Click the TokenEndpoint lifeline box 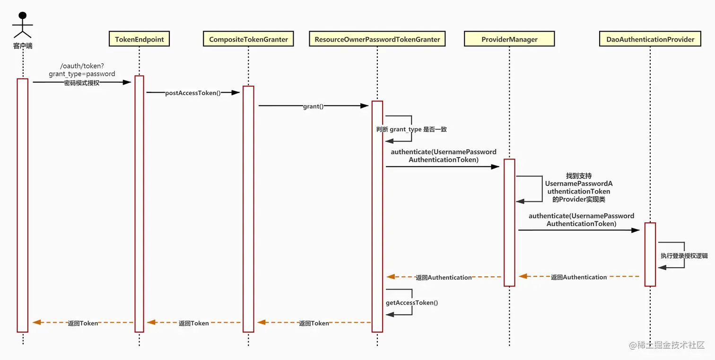coord(139,39)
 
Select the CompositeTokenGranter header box coord(248,39)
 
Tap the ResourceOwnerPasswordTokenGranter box coord(377,39)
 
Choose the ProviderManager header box coord(509,39)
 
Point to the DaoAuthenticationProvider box coord(650,39)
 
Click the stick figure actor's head coord(22,16)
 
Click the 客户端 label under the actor coord(23,46)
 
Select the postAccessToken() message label coord(193,93)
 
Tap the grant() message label coord(313,106)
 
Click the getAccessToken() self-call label coord(412,302)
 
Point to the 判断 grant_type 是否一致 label coord(411,129)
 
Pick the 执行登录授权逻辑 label coord(684,255)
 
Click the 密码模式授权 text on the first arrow coord(82,83)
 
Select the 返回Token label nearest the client coord(83,323)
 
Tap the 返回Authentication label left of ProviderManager coord(444,277)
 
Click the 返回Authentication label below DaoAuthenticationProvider coord(579,277)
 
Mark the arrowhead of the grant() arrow coord(365,106)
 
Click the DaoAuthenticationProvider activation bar coord(650,254)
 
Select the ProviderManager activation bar coord(509,222)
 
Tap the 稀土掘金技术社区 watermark coord(667,345)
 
